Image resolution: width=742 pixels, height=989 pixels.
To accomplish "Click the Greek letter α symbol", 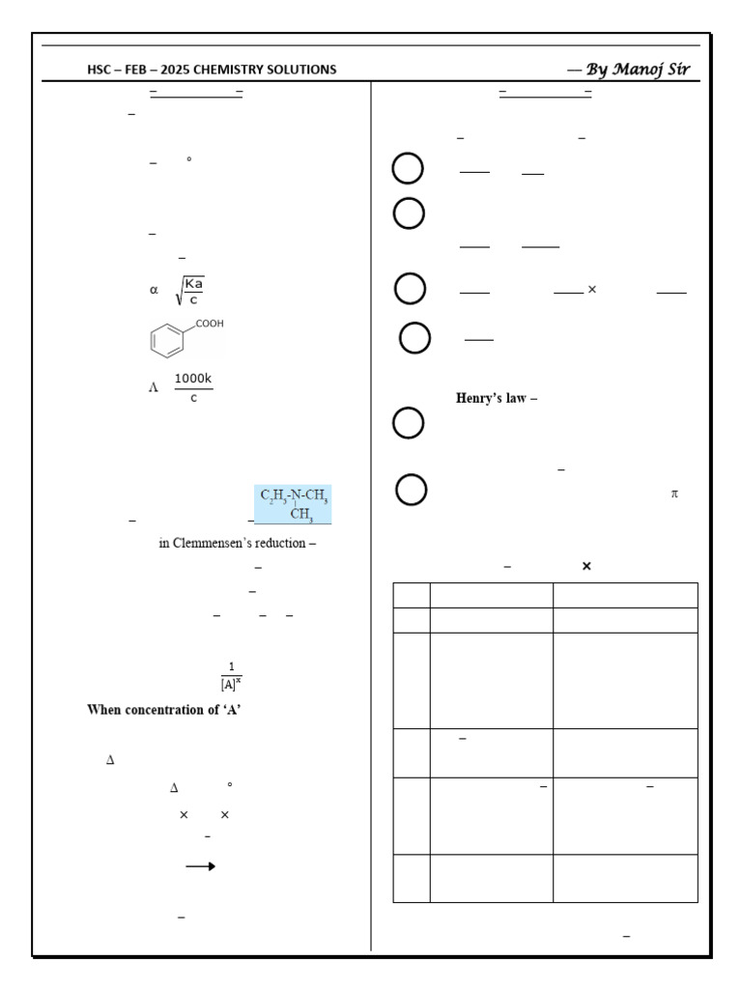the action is pyautogui.click(x=153, y=289).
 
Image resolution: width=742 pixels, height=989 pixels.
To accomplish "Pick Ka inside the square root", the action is pyautogui.click(x=193, y=283).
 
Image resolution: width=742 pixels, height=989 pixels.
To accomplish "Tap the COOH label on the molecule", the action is pyautogui.click(x=209, y=324).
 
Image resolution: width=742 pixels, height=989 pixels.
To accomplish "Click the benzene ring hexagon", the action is pyautogui.click(x=167, y=341).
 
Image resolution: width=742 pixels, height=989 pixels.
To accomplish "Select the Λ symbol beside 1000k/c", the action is pyautogui.click(x=153, y=387).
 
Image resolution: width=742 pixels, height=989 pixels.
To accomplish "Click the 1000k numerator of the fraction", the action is pyautogui.click(x=193, y=379).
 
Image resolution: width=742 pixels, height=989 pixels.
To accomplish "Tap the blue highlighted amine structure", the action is pyautogui.click(x=294, y=504).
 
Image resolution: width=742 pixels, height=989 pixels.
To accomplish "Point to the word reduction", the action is pyautogui.click(x=282, y=543).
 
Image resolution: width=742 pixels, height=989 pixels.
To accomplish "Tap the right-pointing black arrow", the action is pyautogui.click(x=200, y=866).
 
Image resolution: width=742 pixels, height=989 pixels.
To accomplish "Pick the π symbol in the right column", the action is pyautogui.click(x=674, y=494).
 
